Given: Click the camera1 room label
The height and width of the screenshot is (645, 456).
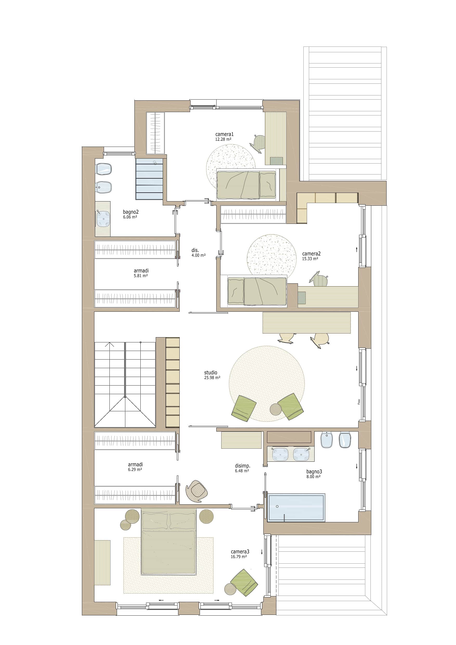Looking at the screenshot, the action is pyautogui.click(x=224, y=134).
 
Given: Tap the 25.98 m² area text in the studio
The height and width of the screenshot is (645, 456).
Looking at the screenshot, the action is pyautogui.click(x=212, y=377).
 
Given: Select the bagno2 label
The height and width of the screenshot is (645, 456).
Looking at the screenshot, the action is pyautogui.click(x=131, y=212).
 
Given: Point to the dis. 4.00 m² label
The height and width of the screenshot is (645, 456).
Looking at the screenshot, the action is pyautogui.click(x=198, y=252).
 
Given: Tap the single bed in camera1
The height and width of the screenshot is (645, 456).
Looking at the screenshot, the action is pyautogui.click(x=246, y=185).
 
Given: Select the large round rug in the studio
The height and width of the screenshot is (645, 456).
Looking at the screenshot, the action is pyautogui.click(x=267, y=383).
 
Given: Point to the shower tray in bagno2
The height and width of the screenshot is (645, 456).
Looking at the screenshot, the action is pyautogui.click(x=149, y=179).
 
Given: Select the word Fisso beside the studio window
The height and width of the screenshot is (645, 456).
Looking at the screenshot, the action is pyautogui.click(x=359, y=402).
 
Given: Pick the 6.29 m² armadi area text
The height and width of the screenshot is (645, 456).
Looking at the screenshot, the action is pyautogui.click(x=135, y=470).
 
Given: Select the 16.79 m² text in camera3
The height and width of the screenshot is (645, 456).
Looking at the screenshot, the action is pyautogui.click(x=239, y=557).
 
